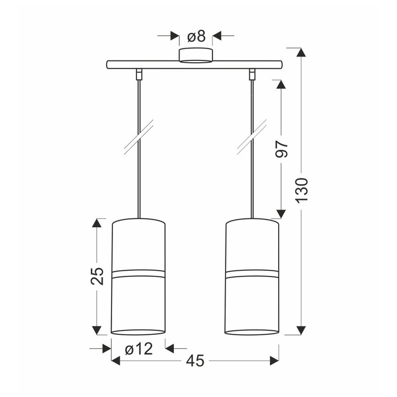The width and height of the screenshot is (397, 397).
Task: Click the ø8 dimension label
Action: coord(196,36)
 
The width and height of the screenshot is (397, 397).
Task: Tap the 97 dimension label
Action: coord(282,150)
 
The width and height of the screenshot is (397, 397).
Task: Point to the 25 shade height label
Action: coord(97,276)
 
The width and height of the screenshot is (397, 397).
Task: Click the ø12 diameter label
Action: coord(139,349)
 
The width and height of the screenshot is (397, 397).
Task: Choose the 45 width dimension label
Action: coord(195,361)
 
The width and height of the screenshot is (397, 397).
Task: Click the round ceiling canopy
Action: coord(196,55)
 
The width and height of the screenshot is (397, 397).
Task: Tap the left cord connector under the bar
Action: coord(139,74)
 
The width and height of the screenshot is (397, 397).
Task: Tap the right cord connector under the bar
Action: coord(252,74)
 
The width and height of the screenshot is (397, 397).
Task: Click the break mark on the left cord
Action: coord(139,137)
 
